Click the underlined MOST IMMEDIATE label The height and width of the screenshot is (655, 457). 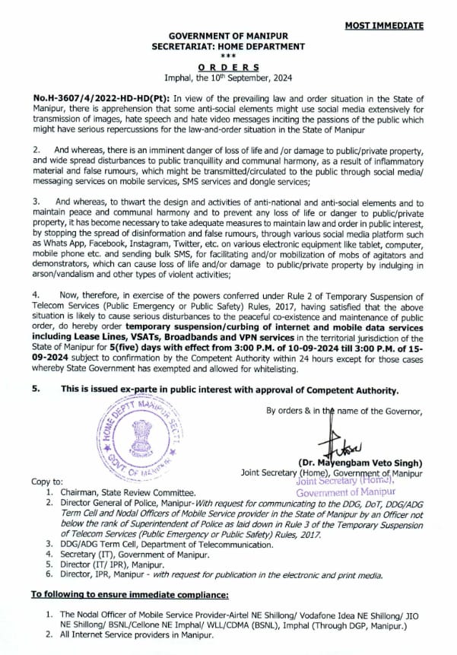pyautogui.click(x=384, y=25)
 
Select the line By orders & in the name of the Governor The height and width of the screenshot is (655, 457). pyautogui.click(x=344, y=411)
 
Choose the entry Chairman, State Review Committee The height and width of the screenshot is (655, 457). pyautogui.click(x=132, y=492)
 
